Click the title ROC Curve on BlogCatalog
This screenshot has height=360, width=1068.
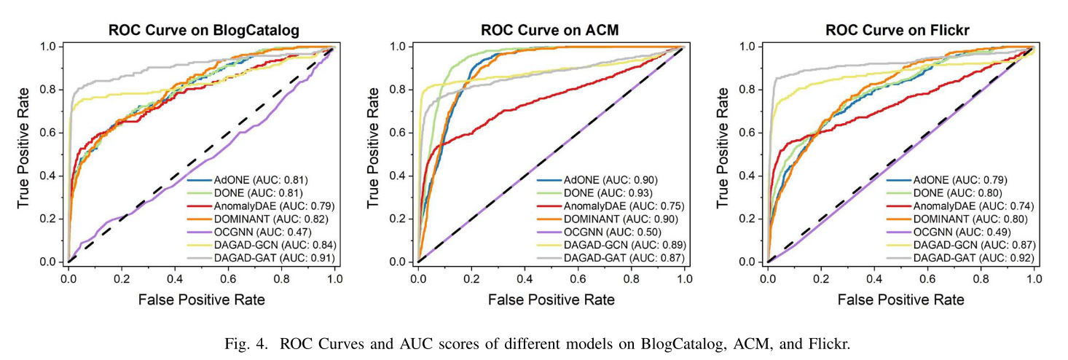point(204,31)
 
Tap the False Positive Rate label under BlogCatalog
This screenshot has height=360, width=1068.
point(202,300)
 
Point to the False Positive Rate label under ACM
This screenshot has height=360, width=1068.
point(551,300)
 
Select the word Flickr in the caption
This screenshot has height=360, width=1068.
point(831,344)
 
